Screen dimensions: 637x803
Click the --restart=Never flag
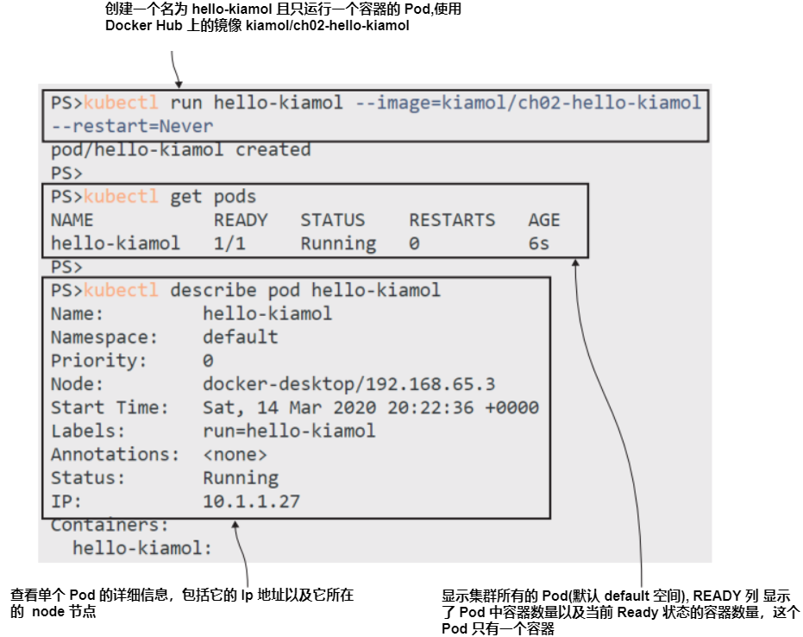click(131, 126)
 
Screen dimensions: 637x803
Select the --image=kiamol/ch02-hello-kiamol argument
click(529, 104)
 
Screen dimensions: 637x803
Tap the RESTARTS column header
click(452, 220)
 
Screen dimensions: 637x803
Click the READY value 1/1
click(229, 243)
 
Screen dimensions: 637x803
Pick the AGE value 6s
click(538, 243)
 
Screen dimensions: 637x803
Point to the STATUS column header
click(332, 220)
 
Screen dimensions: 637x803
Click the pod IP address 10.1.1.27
click(251, 501)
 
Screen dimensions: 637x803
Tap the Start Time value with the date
click(370, 407)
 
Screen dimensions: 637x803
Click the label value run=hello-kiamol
click(289, 431)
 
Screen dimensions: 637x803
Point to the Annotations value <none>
click(235, 454)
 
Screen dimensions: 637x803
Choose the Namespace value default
click(240, 337)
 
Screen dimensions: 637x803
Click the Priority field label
click(98, 361)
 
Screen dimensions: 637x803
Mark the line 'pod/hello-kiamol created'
click(180, 150)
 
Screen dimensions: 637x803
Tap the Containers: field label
click(110, 525)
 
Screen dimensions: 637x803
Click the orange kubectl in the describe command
click(121, 290)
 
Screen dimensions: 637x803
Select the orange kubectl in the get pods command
click(121, 197)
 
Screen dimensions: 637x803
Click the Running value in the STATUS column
click(338, 243)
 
